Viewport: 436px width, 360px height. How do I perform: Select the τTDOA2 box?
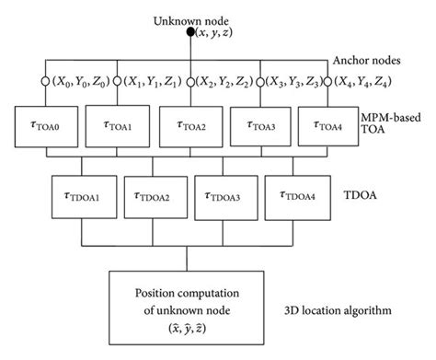(x=155, y=195)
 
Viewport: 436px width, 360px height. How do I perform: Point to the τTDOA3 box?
(x=228, y=195)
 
